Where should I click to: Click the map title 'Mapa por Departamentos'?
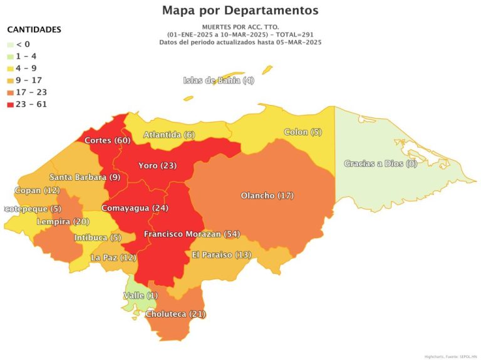[240, 11]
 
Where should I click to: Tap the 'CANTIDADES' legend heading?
[34, 30]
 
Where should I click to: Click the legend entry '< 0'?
[23, 44]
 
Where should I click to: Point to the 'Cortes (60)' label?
[107, 140]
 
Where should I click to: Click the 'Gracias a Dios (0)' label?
[380, 164]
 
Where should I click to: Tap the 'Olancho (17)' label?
[267, 196]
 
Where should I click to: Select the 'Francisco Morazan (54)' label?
[191, 234]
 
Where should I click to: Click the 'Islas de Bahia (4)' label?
[219, 80]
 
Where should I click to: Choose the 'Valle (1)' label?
[142, 295]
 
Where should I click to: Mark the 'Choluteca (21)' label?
[175, 314]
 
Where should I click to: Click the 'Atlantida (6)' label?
[169, 135]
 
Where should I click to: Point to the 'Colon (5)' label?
[303, 132]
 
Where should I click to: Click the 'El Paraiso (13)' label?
[222, 255]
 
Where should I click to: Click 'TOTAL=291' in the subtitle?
[295, 34]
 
